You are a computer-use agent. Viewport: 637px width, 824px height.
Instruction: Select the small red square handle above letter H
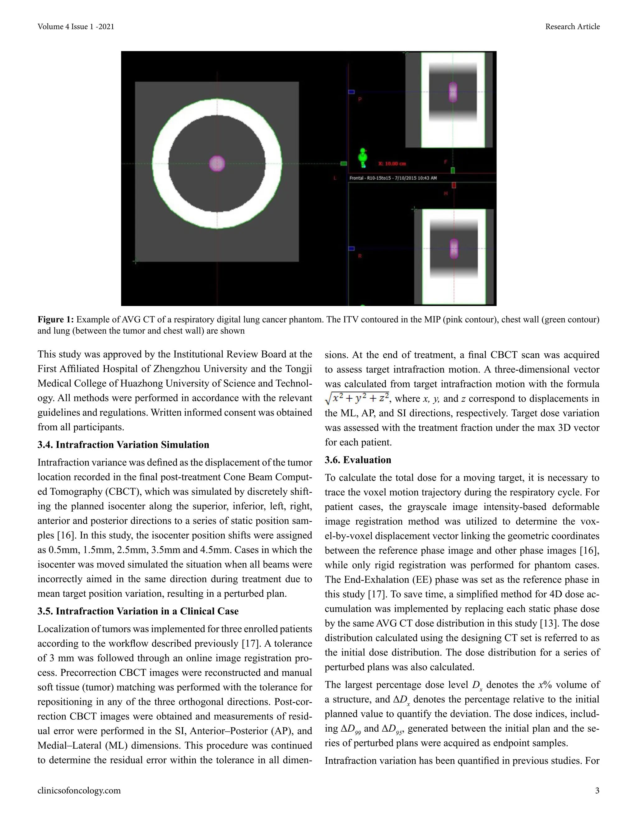tap(453, 185)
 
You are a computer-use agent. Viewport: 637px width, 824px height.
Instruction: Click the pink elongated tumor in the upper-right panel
tap(453, 92)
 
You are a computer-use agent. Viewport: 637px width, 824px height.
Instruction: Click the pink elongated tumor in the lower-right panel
tap(453, 249)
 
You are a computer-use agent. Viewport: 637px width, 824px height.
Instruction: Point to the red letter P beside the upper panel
tap(360, 100)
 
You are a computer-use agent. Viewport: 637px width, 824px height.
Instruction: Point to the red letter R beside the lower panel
tap(360, 256)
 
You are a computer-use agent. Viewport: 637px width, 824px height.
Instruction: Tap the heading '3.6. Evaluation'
tap(358, 460)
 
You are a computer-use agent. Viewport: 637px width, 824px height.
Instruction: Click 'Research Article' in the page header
tap(572, 26)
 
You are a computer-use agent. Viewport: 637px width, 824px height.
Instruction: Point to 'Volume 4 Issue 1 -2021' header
tap(76, 26)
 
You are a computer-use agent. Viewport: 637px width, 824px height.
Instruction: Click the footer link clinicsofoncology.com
tap(79, 790)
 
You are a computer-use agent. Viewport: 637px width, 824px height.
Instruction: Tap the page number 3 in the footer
tap(597, 790)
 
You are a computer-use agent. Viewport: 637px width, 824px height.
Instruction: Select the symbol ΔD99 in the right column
tap(351, 729)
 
